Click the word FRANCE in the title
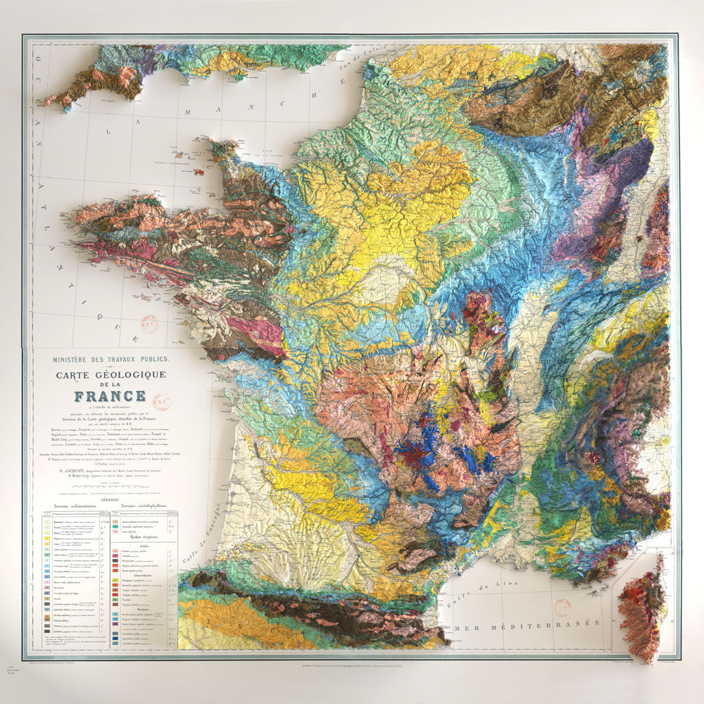(111, 396)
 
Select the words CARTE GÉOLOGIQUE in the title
(111, 375)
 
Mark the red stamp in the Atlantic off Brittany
(149, 323)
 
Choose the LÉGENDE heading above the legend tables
(111, 498)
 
